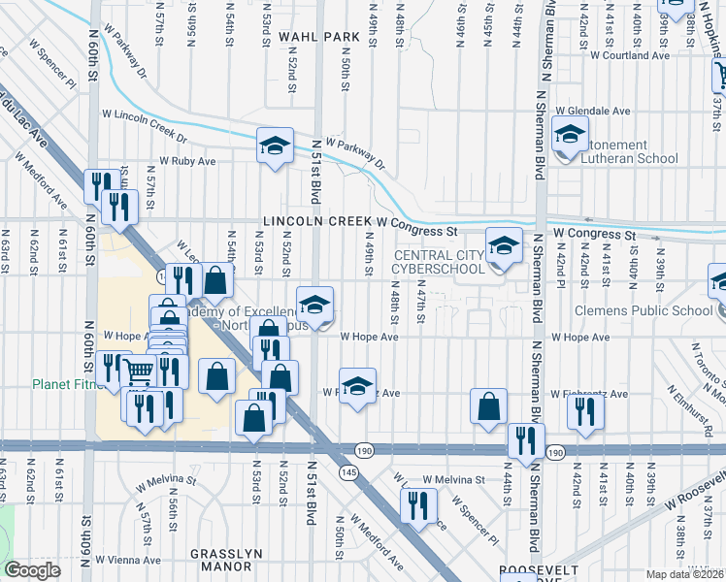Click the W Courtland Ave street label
pos(636,55)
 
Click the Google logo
pos(33,570)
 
